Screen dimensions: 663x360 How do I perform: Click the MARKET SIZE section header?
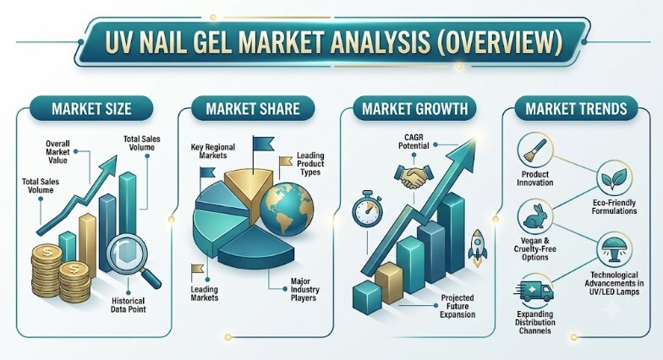pyautogui.click(x=91, y=108)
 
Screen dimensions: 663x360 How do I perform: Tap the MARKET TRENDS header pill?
pyautogui.click(x=576, y=108)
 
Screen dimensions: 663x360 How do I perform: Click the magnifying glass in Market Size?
pyautogui.click(x=132, y=260)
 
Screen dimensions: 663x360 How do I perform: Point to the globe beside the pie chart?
pyautogui.click(x=287, y=209)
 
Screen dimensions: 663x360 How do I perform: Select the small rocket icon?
pyautogui.click(x=477, y=248)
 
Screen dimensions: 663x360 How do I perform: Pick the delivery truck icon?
pyautogui.click(x=534, y=291)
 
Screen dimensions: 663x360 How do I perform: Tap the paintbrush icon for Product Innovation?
pyautogui.click(x=534, y=150)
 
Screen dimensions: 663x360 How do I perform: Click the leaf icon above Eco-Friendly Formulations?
pyautogui.click(x=614, y=178)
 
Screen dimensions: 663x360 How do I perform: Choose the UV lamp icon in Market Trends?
pyautogui.click(x=614, y=249)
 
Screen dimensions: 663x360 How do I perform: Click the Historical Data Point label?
pyautogui.click(x=129, y=305)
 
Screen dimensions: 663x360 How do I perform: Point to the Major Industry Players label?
pyautogui.click(x=304, y=289)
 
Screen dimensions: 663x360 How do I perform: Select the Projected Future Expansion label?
pyautogui.click(x=458, y=306)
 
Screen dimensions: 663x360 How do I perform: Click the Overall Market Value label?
pyautogui.click(x=58, y=152)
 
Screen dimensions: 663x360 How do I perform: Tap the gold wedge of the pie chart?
pyautogui.click(x=249, y=188)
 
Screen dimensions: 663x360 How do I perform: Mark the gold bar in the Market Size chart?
pyautogui.click(x=88, y=245)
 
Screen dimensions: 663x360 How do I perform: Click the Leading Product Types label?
pyautogui.click(x=310, y=164)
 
